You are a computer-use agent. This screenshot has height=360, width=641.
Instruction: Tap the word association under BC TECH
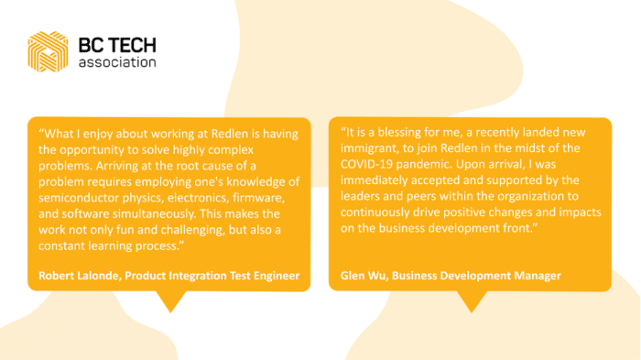117,63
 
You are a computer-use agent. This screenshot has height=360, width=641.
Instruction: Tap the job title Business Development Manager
475,276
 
